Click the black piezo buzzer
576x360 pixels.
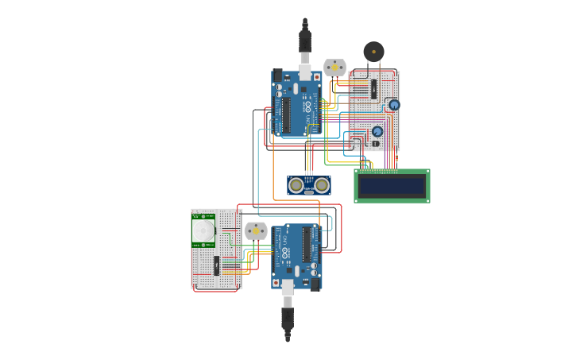tap(373, 52)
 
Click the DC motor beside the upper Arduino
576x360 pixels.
tap(334, 68)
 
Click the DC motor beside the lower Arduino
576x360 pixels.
tap(256, 230)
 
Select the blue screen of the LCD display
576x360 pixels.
tap(392, 185)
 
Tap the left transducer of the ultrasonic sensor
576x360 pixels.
tap(296, 185)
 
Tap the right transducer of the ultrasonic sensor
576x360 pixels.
tap(322, 185)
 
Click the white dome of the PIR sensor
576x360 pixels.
tap(203, 231)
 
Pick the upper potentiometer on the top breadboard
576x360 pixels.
tap(394, 105)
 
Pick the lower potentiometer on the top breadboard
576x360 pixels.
tap(377, 131)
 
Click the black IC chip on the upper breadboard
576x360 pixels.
tap(373, 89)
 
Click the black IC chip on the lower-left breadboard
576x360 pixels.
tap(216, 265)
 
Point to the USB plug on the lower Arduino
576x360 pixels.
tap(288, 288)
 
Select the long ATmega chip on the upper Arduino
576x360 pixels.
tap(285, 114)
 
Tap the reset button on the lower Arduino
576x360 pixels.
tap(276, 282)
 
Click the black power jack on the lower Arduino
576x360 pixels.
tap(315, 283)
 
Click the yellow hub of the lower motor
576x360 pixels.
tap(256, 230)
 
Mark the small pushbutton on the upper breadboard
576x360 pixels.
tap(376, 144)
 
